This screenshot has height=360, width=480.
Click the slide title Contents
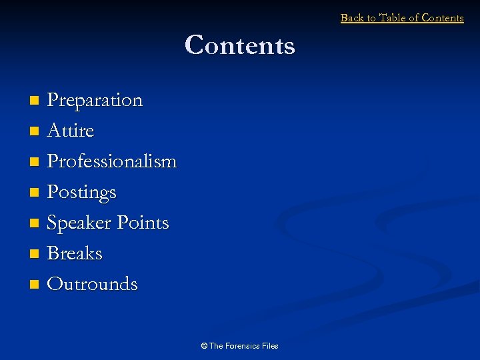point(239,45)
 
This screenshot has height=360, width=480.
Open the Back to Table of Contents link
point(402,18)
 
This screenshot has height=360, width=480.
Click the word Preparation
point(95,100)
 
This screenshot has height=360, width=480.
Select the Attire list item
point(71,131)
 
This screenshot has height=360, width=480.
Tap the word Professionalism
point(112,161)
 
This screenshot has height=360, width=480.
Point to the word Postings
point(81,192)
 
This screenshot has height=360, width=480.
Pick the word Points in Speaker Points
point(142,223)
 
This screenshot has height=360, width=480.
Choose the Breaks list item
point(75,253)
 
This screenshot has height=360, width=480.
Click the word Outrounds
point(92,284)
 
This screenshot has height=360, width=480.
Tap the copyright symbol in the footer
point(204,345)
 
